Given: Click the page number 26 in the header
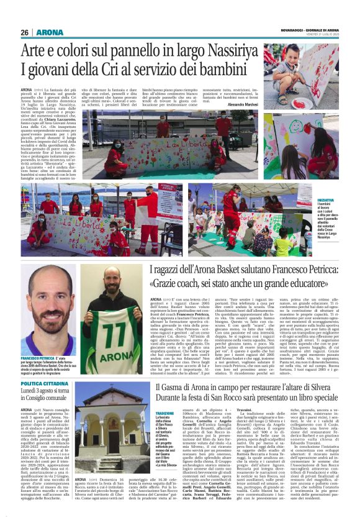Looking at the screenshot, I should [x=25, y=32].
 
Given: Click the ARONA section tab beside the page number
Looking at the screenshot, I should [x=49, y=32].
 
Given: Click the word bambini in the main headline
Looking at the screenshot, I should [x=220, y=69].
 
